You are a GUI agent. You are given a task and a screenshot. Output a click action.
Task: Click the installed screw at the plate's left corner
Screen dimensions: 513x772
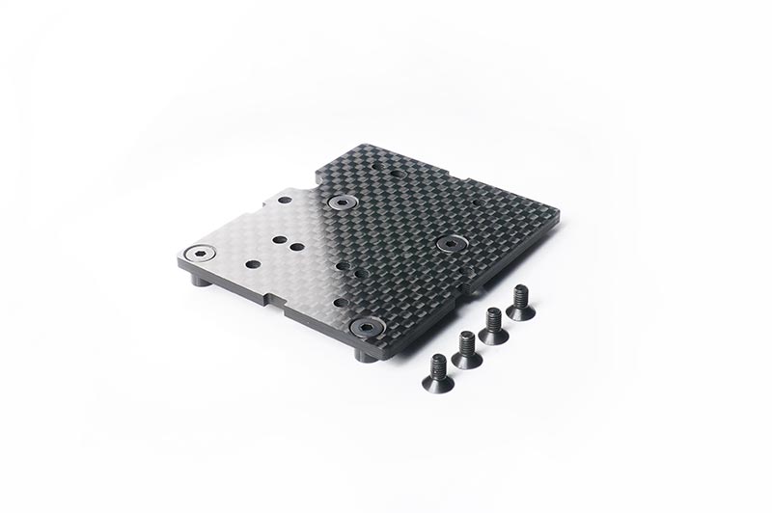[x=200, y=253]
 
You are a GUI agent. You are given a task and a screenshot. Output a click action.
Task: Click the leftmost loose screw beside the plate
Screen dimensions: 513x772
[x=437, y=365]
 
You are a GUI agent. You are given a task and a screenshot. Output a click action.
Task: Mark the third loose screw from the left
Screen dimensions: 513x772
[x=493, y=326]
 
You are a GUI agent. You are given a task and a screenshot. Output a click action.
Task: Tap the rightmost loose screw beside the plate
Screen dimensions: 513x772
[x=520, y=303]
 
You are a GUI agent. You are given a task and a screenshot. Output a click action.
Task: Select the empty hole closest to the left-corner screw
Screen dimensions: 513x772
[x=252, y=263]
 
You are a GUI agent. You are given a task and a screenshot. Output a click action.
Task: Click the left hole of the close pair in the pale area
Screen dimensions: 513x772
[x=278, y=239]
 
